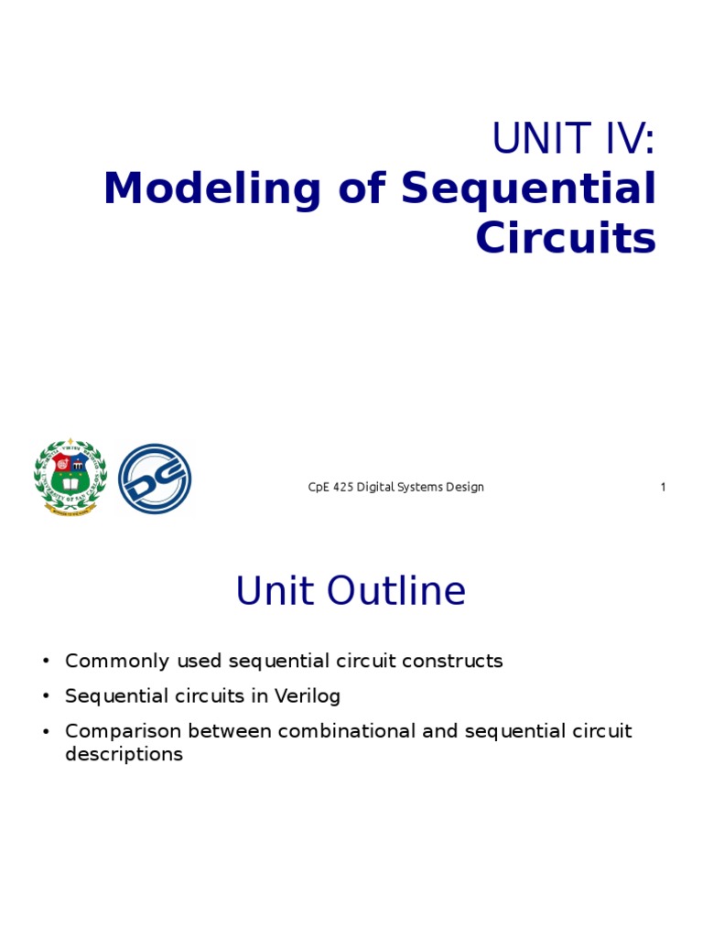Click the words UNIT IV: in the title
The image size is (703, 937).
[573, 138]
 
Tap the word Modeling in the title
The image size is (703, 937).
[212, 189]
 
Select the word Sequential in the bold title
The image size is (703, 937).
[528, 189]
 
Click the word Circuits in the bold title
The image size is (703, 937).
[566, 237]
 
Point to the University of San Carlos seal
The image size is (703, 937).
[70, 477]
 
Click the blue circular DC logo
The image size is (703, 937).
[155, 479]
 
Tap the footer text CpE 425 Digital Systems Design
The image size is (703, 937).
[395, 487]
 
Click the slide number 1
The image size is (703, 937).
[663, 487]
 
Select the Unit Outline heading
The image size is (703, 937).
[351, 590]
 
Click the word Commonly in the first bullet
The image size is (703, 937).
[117, 662]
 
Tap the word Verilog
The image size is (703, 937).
[308, 696]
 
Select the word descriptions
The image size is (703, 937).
[124, 754]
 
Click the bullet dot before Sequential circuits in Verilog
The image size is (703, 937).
[46, 696]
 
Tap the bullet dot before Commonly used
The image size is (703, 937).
[46, 661]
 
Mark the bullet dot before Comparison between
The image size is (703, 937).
[46, 731]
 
